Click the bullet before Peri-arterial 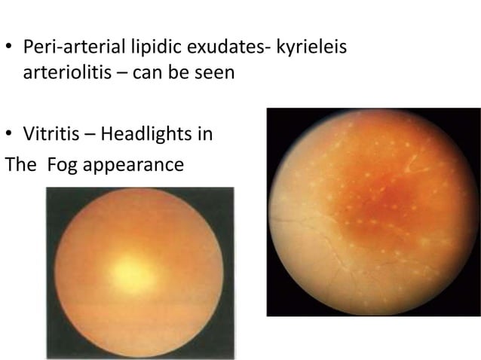(10, 47)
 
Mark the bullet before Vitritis (10, 135)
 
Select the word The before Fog (20, 164)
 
